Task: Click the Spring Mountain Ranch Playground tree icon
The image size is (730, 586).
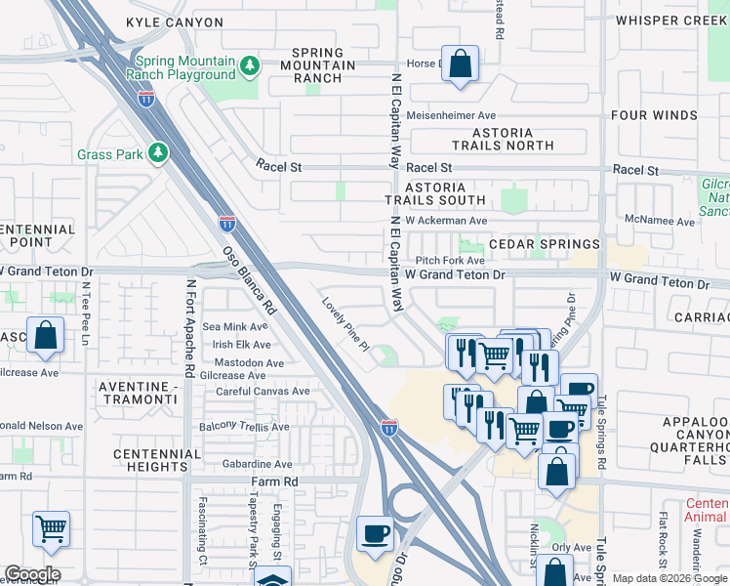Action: pos(251,65)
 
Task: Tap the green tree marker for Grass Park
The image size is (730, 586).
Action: pos(156,153)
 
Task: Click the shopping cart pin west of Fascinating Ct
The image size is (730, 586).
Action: pos(51,529)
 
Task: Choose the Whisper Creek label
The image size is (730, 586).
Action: pos(671,20)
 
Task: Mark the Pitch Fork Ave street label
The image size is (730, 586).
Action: pos(449,261)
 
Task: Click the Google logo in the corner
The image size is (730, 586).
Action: pos(32,574)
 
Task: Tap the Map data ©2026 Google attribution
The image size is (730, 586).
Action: pos(669,579)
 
